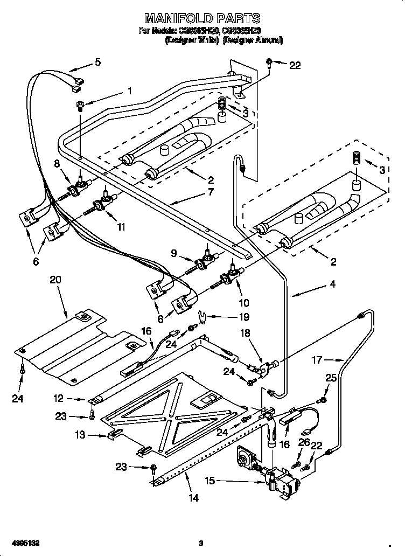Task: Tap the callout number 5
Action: pyautogui.click(x=97, y=62)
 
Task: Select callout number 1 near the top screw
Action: pyautogui.click(x=129, y=91)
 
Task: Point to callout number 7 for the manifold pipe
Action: pyautogui.click(x=210, y=191)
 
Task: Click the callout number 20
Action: pyautogui.click(x=55, y=280)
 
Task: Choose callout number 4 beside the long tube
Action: pyautogui.click(x=333, y=284)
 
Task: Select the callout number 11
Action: pyautogui.click(x=121, y=227)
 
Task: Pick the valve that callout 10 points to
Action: pyautogui.click(x=230, y=276)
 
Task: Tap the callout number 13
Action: pyautogui.click(x=80, y=434)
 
